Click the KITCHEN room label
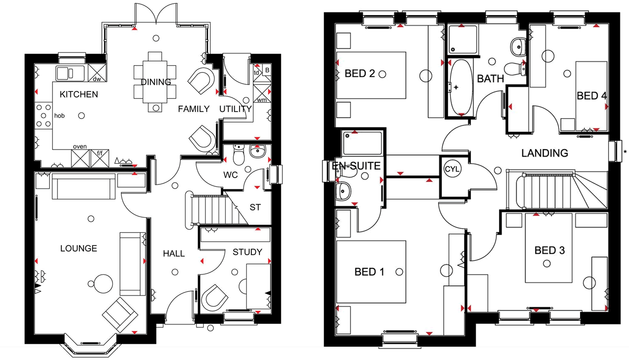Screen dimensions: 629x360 coord(79,94)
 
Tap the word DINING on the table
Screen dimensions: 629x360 coord(156,82)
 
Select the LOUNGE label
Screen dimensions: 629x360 coord(79,248)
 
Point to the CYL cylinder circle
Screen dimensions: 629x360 coord(452,169)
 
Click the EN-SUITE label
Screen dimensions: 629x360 coord(356,166)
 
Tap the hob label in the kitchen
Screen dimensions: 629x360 coord(59,116)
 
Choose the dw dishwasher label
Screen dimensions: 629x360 coord(97,79)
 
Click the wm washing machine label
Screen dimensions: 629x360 coord(262,100)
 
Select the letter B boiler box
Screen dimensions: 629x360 coord(267,70)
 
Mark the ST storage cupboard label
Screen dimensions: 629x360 coord(255,207)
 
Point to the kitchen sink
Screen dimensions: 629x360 coord(70,73)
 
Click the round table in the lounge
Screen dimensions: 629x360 coord(103,284)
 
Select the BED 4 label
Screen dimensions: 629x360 coord(592,96)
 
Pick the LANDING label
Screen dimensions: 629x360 coord(545,153)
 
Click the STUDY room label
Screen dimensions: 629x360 coord(248,252)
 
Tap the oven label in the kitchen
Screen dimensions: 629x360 coord(80,147)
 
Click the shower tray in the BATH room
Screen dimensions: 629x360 coord(462,40)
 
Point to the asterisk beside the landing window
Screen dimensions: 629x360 coord(625,152)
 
